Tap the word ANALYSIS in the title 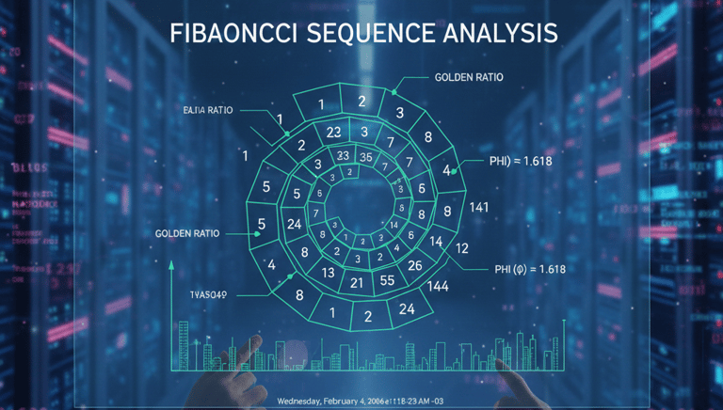495,33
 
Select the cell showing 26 415,265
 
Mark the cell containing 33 343,156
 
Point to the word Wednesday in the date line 304,402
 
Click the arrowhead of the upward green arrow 171,265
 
